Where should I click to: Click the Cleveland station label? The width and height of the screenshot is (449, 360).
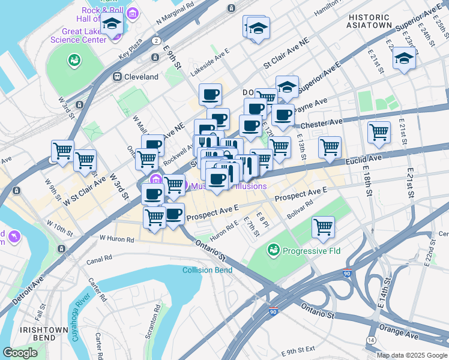(x=142, y=77)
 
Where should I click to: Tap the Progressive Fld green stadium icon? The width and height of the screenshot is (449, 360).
(x=273, y=248)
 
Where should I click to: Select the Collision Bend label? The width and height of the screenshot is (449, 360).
(x=207, y=270)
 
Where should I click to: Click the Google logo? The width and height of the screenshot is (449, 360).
(x=20, y=353)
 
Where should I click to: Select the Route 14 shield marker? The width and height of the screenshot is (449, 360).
(x=372, y=340)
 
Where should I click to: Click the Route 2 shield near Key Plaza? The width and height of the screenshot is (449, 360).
(x=156, y=41)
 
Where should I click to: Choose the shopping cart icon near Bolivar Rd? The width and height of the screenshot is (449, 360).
(x=324, y=227)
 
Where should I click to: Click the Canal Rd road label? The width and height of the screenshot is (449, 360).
(x=99, y=259)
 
